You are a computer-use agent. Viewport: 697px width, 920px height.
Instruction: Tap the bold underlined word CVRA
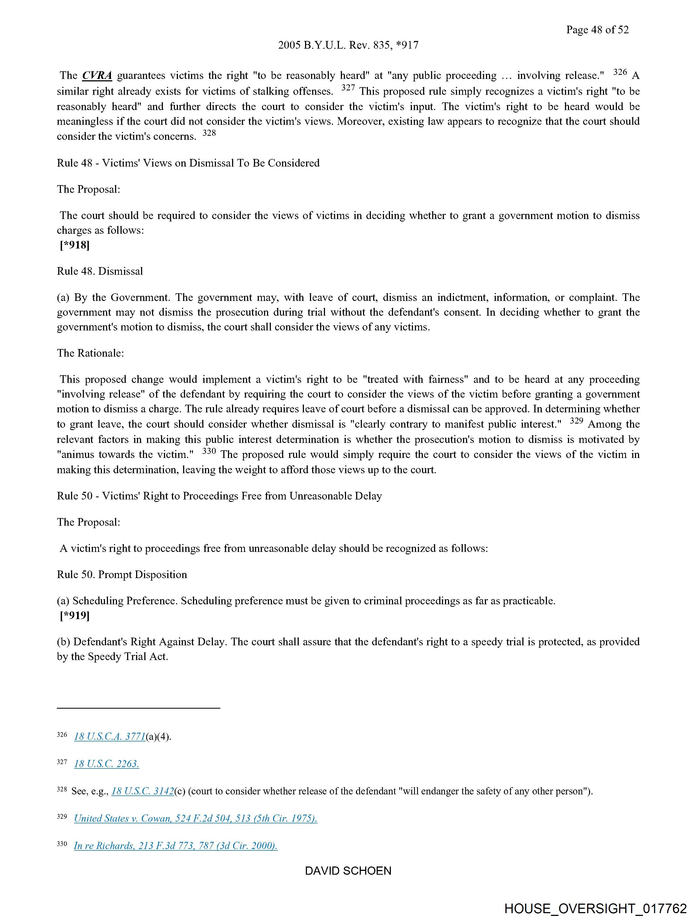tap(97, 76)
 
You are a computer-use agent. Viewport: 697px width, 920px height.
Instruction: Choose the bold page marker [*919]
tap(75, 615)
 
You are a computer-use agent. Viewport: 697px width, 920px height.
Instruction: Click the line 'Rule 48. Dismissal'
tap(100, 271)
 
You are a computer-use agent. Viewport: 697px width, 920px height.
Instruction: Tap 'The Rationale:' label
tap(90, 353)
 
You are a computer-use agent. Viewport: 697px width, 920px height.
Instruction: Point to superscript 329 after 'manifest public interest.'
tap(576, 421)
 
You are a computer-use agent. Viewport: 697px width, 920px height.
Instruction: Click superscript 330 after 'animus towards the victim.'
tap(209, 451)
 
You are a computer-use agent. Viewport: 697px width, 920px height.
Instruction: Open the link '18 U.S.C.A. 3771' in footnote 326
tap(110, 736)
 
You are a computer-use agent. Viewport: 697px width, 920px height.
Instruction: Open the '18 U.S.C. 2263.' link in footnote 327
tap(107, 764)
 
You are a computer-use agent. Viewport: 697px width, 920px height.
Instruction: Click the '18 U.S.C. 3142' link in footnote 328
tap(143, 791)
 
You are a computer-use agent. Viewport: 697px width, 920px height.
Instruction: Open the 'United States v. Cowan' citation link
tap(196, 818)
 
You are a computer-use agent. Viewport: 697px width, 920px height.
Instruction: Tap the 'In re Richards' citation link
tap(176, 845)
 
